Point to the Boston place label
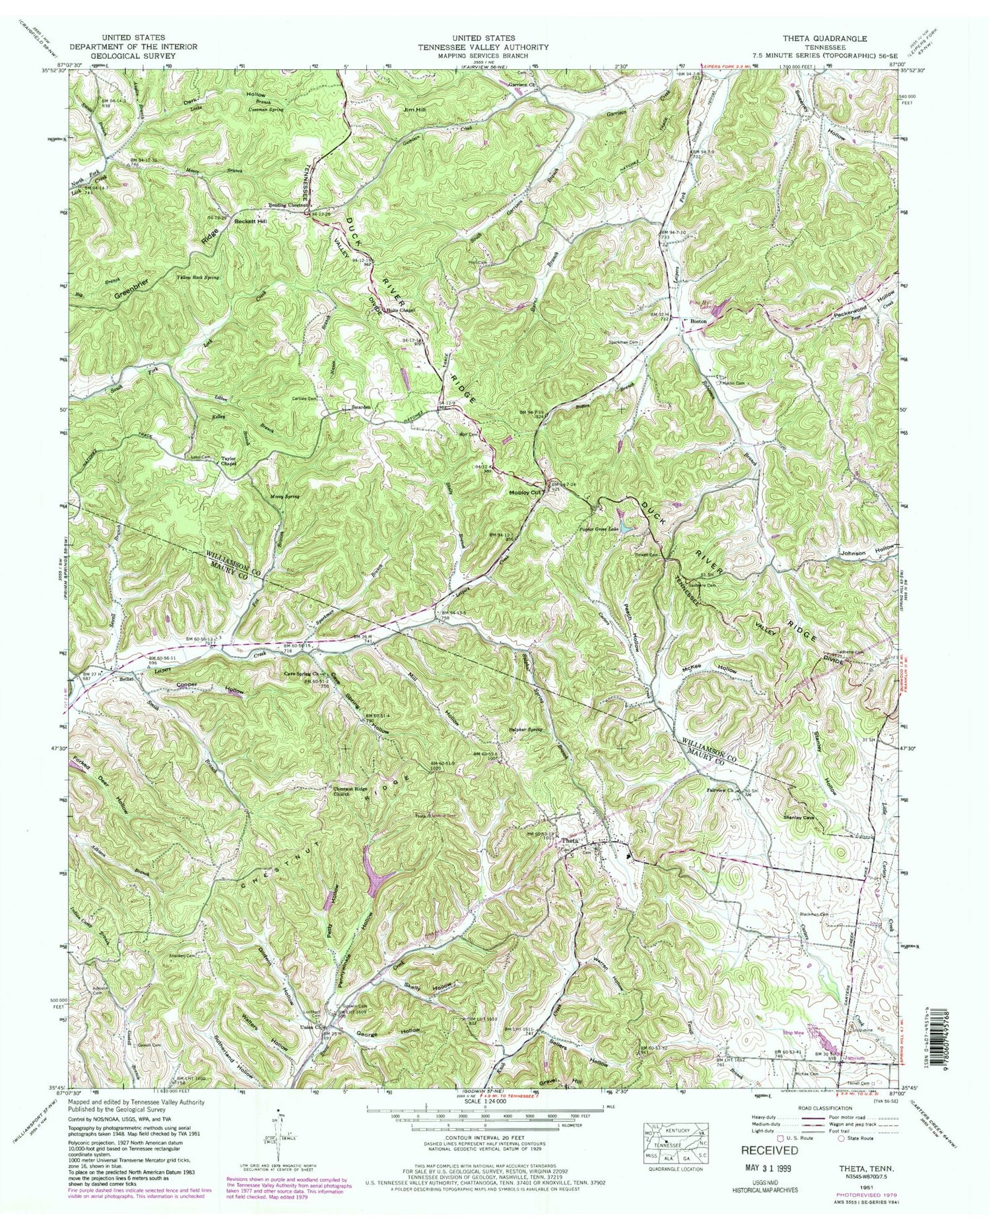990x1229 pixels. tap(698, 321)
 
